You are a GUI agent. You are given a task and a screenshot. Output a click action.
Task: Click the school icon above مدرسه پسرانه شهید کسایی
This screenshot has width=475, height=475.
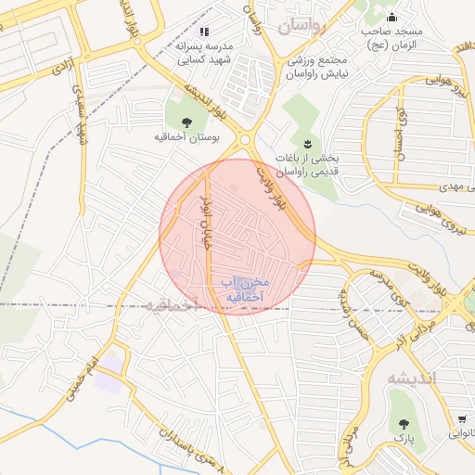204,32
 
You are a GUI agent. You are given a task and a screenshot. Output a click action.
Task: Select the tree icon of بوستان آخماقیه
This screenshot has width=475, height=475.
186,122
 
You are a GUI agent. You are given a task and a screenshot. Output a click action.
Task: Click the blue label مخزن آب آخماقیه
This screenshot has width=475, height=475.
244,289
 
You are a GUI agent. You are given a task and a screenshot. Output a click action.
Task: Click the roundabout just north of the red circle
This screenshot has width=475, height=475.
246,140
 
